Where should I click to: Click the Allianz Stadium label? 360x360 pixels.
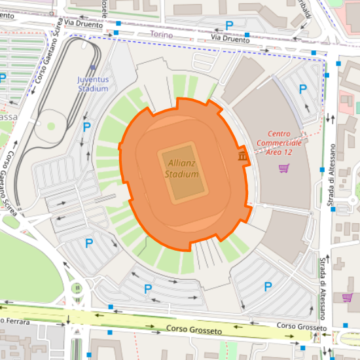point(181,168)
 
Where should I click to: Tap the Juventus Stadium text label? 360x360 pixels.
point(92,84)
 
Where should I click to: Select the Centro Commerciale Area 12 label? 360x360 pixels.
point(279,142)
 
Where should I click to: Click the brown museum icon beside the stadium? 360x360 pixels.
point(242,156)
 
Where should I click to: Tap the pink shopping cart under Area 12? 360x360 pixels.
point(284,168)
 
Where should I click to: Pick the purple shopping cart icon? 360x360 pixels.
point(347,298)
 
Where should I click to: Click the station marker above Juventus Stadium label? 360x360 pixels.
point(93,67)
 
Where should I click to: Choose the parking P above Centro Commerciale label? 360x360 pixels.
point(302,89)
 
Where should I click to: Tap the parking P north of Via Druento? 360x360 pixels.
point(229,26)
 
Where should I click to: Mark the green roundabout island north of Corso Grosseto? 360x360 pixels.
point(77,287)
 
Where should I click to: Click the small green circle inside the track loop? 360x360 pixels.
point(51,126)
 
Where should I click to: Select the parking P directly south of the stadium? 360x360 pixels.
point(148,289)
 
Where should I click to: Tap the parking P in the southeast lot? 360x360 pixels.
point(268,286)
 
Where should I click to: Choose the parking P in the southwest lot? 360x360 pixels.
point(89,243)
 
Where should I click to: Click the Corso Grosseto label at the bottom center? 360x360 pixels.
point(194,330)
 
